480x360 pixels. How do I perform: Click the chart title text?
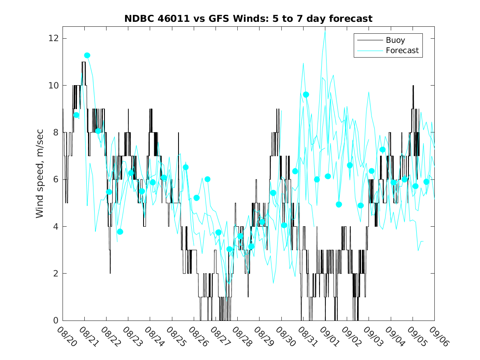pyautogui.click(x=248, y=19)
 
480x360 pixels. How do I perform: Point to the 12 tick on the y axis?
pyautogui.click(x=53, y=38)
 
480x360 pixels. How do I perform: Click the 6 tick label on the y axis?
pyautogui.click(x=56, y=179)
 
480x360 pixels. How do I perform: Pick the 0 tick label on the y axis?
pyautogui.click(x=56, y=321)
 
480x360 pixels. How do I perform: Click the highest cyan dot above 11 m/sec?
pyautogui.click(x=87, y=56)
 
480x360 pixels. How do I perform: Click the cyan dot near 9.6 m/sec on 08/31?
pyautogui.click(x=306, y=95)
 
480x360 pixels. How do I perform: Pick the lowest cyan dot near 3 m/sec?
pyautogui.click(x=230, y=249)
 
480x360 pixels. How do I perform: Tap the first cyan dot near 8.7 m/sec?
pyautogui.click(x=77, y=115)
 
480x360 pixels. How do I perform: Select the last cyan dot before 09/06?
pyautogui.click(x=427, y=182)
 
